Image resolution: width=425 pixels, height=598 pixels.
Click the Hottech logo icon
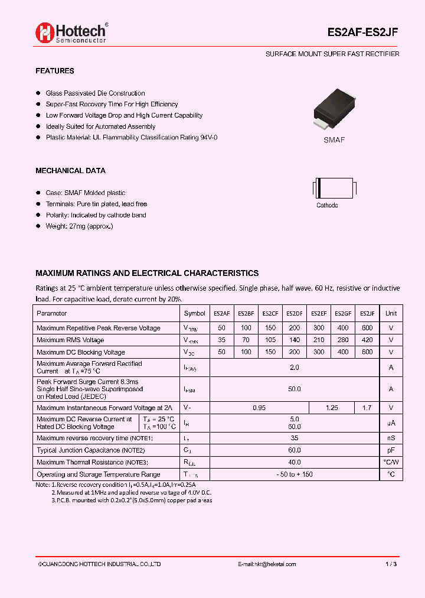tap(45, 33)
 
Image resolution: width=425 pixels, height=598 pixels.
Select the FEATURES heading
tap(55, 71)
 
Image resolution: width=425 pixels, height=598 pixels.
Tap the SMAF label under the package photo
tap(334, 140)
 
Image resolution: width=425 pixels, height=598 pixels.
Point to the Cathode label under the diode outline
tap(327, 206)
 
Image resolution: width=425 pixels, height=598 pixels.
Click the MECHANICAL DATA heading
tap(70, 171)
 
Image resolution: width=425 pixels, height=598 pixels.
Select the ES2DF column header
tap(295, 314)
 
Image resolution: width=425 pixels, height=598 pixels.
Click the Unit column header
tap(391, 314)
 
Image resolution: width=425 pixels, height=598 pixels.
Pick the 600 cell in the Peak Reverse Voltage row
tap(367, 328)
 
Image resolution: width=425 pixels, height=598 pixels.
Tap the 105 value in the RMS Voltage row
tap(270, 340)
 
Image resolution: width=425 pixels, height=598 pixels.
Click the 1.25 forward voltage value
tap(332, 408)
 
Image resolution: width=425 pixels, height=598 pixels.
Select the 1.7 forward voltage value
tap(367, 408)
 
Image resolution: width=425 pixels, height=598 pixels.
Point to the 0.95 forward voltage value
tap(259, 408)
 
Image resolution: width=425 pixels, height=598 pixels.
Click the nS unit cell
tap(391, 438)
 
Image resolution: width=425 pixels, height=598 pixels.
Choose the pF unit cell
tap(391, 450)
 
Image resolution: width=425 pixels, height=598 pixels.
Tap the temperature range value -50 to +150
tap(294, 474)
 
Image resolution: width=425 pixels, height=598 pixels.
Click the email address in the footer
tap(267, 564)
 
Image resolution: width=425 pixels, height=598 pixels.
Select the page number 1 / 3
tap(390, 564)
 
